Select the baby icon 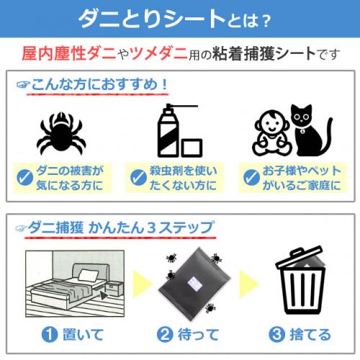[272, 132]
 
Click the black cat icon [311, 130]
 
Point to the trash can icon [300, 280]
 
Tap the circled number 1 [50, 334]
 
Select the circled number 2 [165, 334]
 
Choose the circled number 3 [276, 334]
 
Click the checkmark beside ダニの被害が [25, 178]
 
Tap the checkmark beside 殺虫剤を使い [138, 178]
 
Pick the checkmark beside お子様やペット [251, 178]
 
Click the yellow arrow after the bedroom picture [143, 284]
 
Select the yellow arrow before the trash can [249, 284]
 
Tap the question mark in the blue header [266, 21]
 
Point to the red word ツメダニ [158, 53]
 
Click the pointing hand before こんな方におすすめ [23, 84]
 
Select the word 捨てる [310, 334]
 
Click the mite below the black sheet [210, 308]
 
